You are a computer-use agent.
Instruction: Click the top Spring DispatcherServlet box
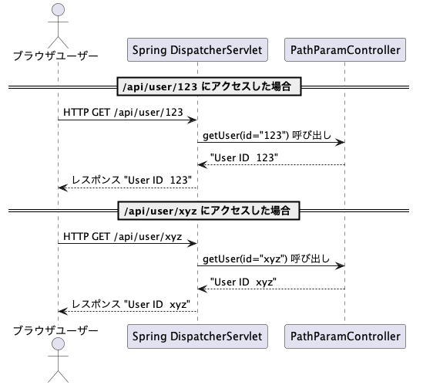tap(197, 49)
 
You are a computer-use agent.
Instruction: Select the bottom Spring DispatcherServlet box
tap(197, 336)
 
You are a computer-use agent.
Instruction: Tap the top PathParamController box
tap(345, 49)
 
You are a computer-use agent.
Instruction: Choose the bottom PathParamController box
tap(345, 336)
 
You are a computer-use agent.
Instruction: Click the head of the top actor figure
tap(58, 10)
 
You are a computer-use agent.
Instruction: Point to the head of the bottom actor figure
tap(58, 344)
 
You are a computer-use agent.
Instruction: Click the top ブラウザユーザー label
tap(55, 56)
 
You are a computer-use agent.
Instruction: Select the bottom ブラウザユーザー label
tap(55, 330)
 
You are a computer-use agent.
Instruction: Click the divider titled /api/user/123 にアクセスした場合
tap(209, 86)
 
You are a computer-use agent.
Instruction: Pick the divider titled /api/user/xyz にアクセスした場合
tap(209, 211)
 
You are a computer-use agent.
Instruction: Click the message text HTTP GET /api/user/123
tap(123, 112)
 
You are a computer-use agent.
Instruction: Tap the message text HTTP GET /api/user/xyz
tap(123, 236)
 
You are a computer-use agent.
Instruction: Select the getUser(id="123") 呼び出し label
tap(267, 135)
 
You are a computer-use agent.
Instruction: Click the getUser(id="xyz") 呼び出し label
tap(266, 259)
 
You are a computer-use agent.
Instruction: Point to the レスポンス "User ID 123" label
tap(132, 180)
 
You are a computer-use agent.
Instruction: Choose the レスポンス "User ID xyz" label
tap(131, 304)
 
